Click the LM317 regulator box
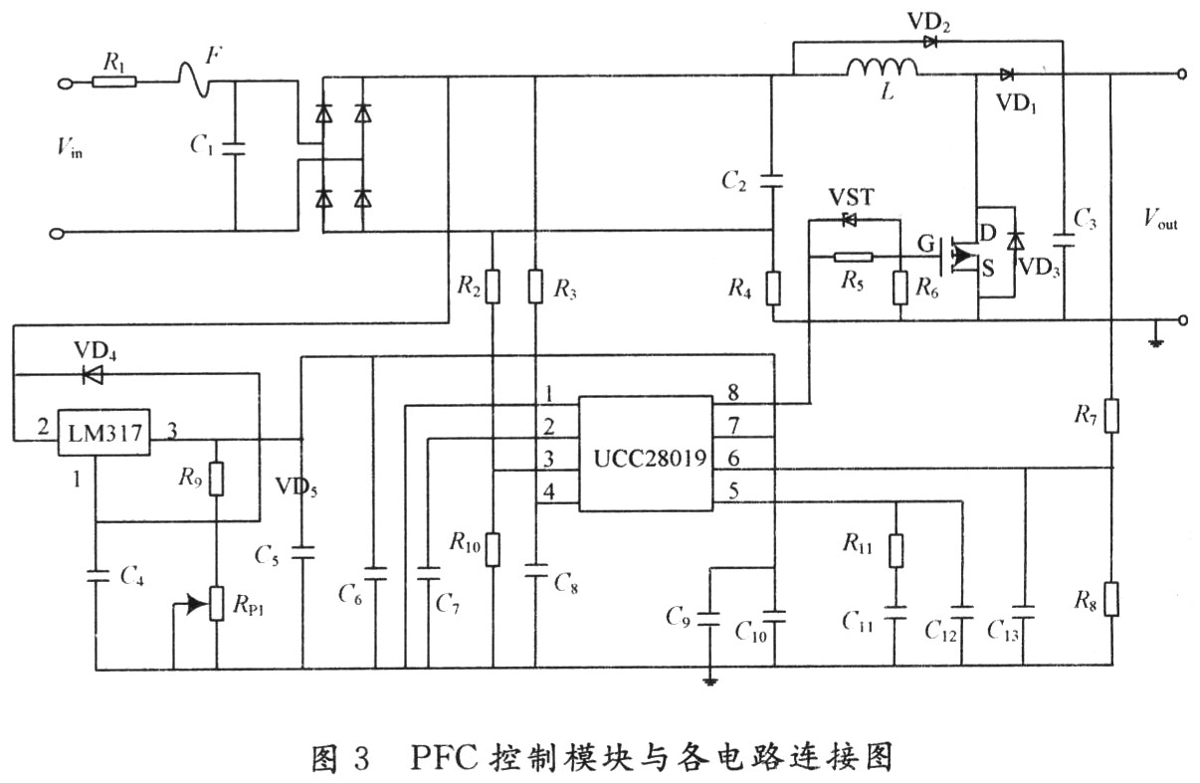103,433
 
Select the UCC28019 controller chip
646,454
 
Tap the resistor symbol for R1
114,82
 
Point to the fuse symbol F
194,81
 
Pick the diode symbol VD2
930,42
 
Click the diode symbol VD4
93,375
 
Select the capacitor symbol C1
234,149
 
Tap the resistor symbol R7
1111,415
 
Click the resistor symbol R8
1111,600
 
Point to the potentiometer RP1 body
217,604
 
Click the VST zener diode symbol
849,220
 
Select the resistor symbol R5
854,258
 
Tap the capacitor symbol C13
1023,612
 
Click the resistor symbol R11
896,550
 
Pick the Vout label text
1160,219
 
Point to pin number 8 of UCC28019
733,393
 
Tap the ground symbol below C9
709,681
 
